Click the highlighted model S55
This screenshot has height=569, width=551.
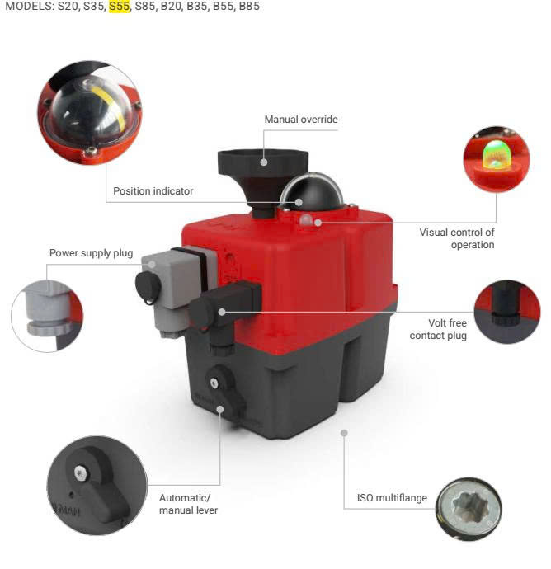(x=120, y=7)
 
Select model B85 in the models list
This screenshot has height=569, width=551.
(x=249, y=7)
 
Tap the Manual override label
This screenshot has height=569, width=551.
(x=301, y=120)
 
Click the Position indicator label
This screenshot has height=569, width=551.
(x=153, y=190)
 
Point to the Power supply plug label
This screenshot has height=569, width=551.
(x=91, y=253)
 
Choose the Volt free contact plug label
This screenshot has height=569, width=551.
(x=438, y=329)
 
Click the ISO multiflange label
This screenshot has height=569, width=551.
(x=392, y=498)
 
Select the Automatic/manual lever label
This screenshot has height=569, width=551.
(x=188, y=504)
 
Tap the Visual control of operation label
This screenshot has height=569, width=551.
(x=457, y=238)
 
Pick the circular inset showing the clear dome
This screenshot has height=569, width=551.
(x=90, y=113)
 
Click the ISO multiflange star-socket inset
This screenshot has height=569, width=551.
(x=469, y=509)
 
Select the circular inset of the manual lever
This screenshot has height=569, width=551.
(x=97, y=486)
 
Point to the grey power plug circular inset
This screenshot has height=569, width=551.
(x=47, y=316)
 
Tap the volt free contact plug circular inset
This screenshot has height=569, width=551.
(x=507, y=312)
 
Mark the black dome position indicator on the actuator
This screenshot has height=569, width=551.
(x=312, y=191)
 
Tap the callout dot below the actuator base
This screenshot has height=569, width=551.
(x=344, y=433)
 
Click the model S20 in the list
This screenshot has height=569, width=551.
(x=68, y=7)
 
